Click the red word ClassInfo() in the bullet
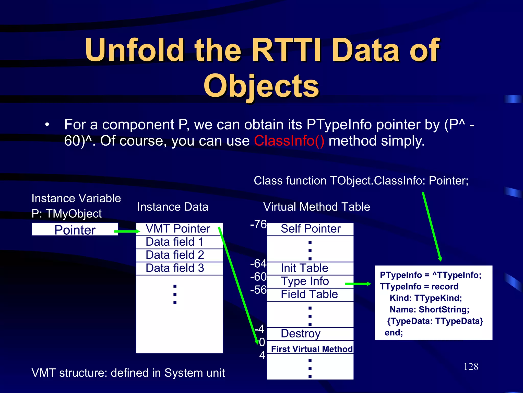click(x=289, y=141)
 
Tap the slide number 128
click(x=471, y=367)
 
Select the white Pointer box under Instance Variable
click(x=75, y=230)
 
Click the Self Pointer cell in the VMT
click(x=311, y=229)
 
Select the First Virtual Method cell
click(x=312, y=349)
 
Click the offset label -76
click(x=258, y=224)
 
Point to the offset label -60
click(x=258, y=277)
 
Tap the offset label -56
click(x=258, y=290)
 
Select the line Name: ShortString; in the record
click(x=429, y=310)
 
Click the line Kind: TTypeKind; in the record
click(x=426, y=298)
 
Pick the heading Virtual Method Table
click(x=317, y=207)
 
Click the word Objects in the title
click(x=261, y=86)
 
